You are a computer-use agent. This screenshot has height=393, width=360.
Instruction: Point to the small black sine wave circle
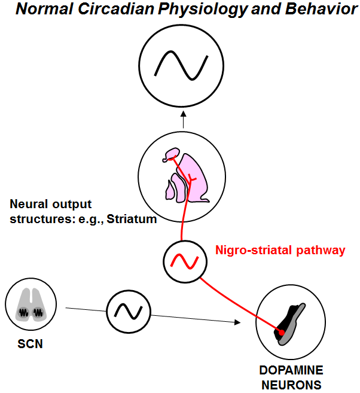[129, 311]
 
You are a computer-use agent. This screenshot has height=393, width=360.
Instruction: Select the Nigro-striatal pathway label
[280, 251]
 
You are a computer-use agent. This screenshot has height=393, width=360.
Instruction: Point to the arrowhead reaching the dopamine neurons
[237, 322]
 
